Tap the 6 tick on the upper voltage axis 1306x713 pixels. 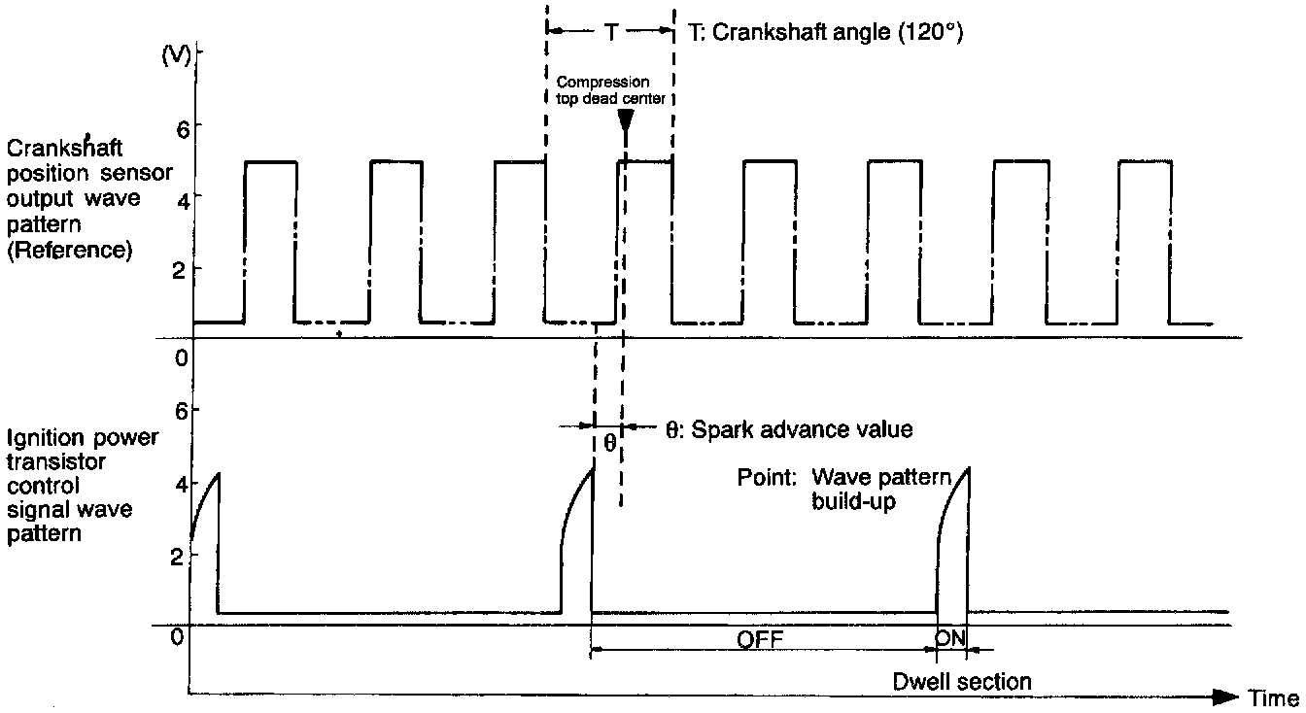181,126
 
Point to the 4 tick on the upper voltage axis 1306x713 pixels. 181,197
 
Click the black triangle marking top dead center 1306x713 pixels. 625,121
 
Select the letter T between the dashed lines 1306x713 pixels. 610,32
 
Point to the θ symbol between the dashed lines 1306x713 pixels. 608,442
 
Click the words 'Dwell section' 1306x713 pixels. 962,682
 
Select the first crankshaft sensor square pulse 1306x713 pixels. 270,241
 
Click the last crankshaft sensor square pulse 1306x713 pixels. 1145,241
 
